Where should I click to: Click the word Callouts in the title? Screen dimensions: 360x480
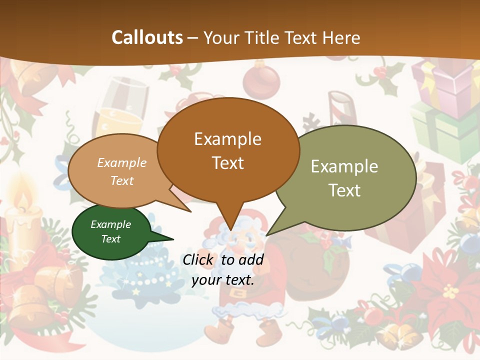[x=147, y=37]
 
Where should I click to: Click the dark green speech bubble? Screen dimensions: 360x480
[x=111, y=232]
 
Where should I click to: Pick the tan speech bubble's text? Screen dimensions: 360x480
[x=122, y=171]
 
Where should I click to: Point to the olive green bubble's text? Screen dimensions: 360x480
[x=344, y=178]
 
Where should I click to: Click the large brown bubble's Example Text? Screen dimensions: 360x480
[x=227, y=150]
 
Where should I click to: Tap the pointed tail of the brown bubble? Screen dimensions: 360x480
[x=230, y=225]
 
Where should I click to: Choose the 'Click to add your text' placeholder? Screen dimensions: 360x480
[x=223, y=269]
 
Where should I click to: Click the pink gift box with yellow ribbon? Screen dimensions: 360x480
[x=445, y=82]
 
